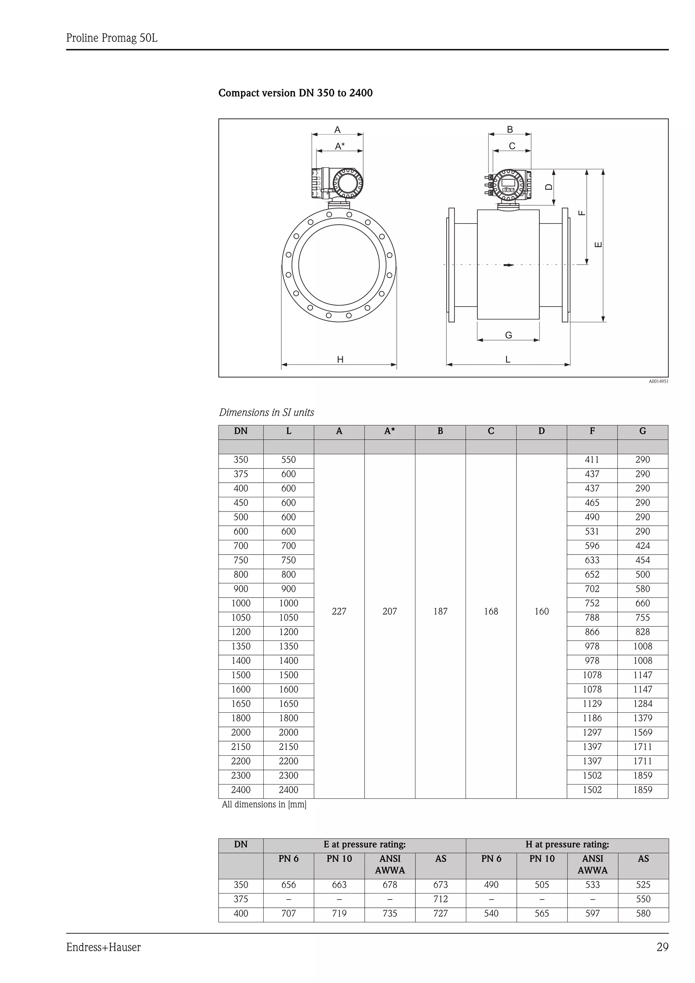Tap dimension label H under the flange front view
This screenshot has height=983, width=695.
340,360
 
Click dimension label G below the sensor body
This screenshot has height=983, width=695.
508,335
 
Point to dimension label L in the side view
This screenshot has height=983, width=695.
508,360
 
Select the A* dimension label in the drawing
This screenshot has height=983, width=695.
340,147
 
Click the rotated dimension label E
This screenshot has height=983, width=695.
599,245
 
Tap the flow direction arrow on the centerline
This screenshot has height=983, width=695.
508,265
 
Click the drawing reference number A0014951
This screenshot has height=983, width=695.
658,381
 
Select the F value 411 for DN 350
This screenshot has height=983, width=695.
592,460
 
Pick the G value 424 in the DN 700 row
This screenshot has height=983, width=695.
642,546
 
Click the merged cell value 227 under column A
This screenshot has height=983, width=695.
339,611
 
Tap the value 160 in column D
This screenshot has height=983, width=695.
541,611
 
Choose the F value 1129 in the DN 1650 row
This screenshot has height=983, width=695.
592,704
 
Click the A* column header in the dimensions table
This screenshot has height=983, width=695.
389,431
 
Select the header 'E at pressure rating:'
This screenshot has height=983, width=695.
364,844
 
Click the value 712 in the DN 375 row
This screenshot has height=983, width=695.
440,899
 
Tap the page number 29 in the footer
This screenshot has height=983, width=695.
662,947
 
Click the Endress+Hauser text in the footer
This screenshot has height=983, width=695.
103,947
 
